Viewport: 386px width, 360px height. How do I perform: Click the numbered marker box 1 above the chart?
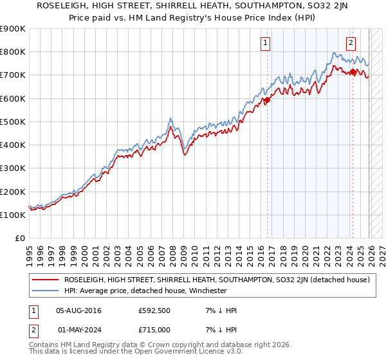point(266,43)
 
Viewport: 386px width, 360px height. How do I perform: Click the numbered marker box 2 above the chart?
point(351,43)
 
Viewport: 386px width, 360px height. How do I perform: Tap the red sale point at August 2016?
point(267,100)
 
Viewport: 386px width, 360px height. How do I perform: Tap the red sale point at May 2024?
point(353,72)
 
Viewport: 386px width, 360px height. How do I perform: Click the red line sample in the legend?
point(46,280)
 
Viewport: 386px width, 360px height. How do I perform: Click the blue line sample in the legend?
point(46,291)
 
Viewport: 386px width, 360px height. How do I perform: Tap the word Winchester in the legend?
point(205,291)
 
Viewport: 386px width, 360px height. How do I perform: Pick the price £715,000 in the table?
point(156,328)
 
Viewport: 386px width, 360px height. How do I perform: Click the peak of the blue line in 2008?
point(170,118)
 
